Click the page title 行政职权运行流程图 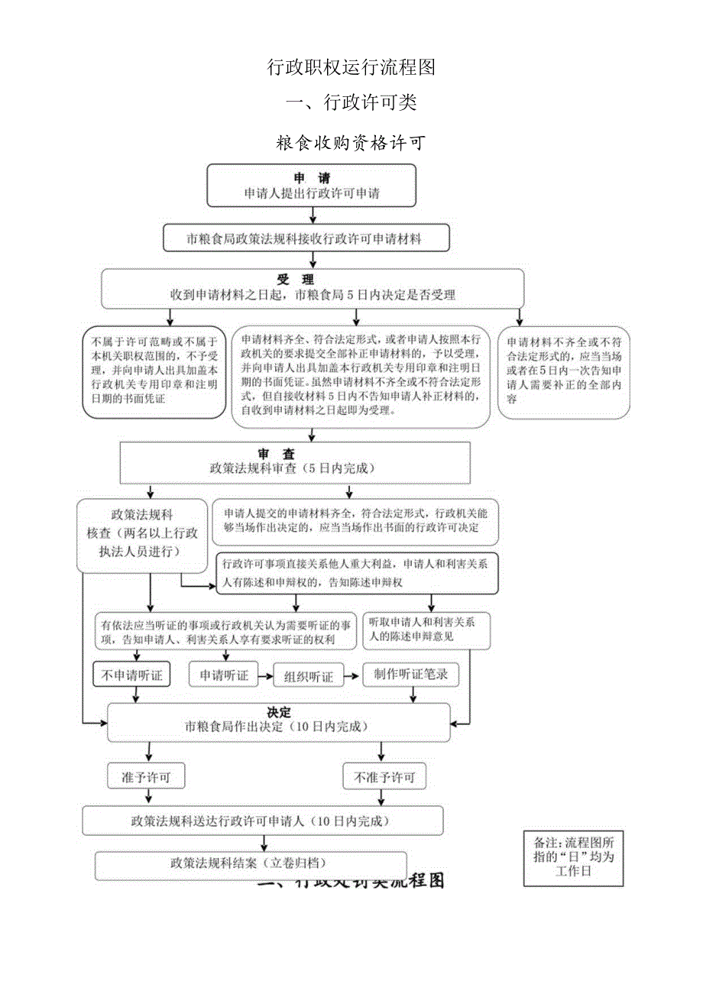[351, 67]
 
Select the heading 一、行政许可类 [351, 102]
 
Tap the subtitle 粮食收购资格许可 [351, 143]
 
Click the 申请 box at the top [312, 186]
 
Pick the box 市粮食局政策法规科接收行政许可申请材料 [306, 238]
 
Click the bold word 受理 [295, 280]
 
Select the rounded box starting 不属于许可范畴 [154, 371]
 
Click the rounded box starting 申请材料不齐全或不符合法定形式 [564, 371]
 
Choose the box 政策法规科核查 [142, 536]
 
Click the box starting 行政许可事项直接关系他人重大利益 [357, 573]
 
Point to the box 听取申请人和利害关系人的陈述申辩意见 [426, 630]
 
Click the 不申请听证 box [131, 675]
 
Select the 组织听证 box [309, 677]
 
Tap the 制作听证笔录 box [410, 675]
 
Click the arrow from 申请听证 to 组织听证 [266, 676]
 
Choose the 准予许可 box [146, 777]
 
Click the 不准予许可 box [384, 777]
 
